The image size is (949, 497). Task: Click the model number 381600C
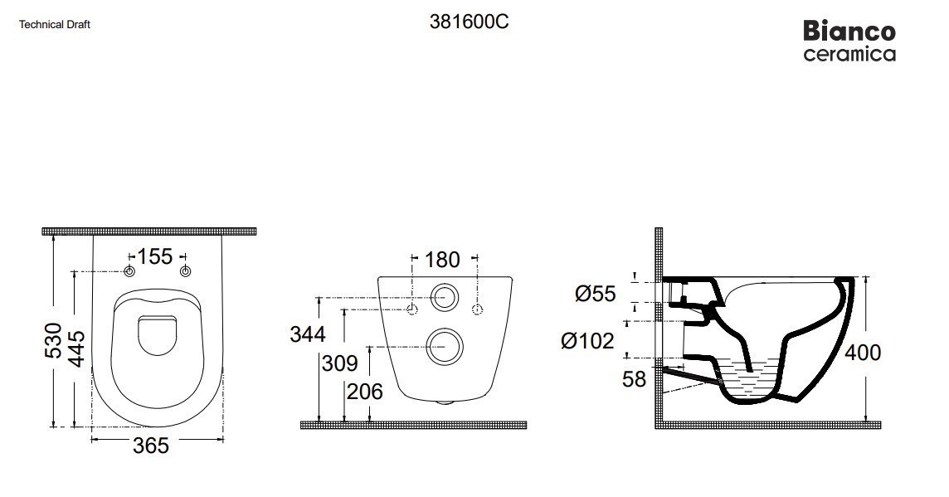[x=469, y=22]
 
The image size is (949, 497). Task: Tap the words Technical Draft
[x=55, y=25]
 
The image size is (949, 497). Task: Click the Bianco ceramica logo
[x=849, y=41]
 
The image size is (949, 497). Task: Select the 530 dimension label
[x=54, y=340]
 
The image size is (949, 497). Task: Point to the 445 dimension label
[x=77, y=348]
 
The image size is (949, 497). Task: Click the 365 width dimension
[x=151, y=446]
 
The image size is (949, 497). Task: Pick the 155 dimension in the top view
[x=155, y=256]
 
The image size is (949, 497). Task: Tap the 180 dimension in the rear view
[x=442, y=260]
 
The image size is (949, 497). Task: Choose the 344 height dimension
[x=308, y=334]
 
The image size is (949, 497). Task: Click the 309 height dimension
[x=339, y=363]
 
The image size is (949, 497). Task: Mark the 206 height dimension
[x=364, y=392]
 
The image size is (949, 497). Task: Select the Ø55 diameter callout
[x=596, y=295]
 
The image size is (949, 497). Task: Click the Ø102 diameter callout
[x=587, y=341]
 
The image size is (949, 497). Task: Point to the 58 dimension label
[x=635, y=379]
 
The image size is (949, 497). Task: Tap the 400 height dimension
[x=863, y=353]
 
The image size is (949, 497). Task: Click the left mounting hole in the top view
[x=129, y=271]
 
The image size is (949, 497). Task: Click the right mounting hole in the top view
[x=186, y=271]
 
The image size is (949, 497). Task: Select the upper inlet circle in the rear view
[x=445, y=297]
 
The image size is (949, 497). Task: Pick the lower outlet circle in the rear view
[x=445, y=347]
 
